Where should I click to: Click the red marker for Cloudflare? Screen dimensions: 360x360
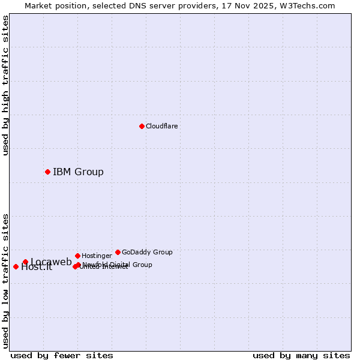click(142, 126)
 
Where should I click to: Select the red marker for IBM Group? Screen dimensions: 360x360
click(47, 172)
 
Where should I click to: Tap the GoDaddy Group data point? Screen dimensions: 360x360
click(118, 252)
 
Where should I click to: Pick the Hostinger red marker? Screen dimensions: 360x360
click(77, 256)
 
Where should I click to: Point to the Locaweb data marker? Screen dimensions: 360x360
click(25, 262)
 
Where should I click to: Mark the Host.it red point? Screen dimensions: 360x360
click(16, 266)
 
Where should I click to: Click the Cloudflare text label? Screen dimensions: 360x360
click(162, 126)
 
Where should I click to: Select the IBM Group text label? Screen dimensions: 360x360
click(78, 172)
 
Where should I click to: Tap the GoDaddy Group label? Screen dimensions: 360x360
click(147, 252)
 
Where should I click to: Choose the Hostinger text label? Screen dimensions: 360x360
click(97, 256)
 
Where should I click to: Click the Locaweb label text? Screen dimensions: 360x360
click(51, 262)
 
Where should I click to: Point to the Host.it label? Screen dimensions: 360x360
click(37, 268)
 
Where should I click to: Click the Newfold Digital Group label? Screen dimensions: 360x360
click(118, 264)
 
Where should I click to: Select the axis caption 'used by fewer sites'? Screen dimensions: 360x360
click(62, 355)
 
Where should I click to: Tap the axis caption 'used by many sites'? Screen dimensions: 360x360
click(301, 355)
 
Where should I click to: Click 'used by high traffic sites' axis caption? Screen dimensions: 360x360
click(5, 85)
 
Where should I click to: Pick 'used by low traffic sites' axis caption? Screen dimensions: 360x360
click(5, 280)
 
